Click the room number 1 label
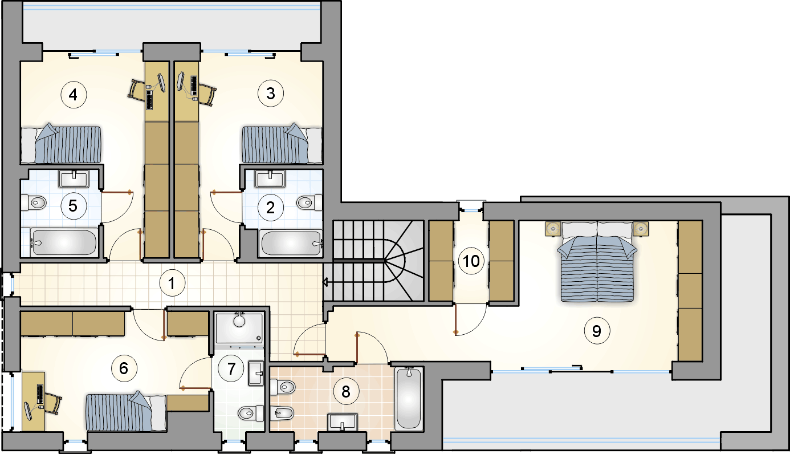pyautogui.click(x=172, y=283)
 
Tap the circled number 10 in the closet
pyautogui.click(x=471, y=261)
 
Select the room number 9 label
pyautogui.click(x=597, y=331)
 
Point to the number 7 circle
pyautogui.click(x=231, y=368)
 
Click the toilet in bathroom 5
pyautogui.click(x=34, y=202)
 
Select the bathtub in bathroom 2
pyautogui.click(x=291, y=243)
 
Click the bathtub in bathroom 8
pyautogui.click(x=409, y=399)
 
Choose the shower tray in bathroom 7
pyautogui.click(x=239, y=327)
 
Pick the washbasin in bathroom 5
pyautogui.click(x=74, y=179)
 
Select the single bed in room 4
pyautogui.click(x=61, y=144)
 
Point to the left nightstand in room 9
pyautogui.click(x=553, y=229)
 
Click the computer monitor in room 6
pyautogui.click(x=28, y=411)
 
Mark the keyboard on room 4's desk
pyautogui.click(x=150, y=100)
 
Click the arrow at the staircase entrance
pyautogui.click(x=325, y=282)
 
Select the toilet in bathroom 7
pyautogui.click(x=251, y=413)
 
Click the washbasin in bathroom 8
pyautogui.click(x=342, y=422)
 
